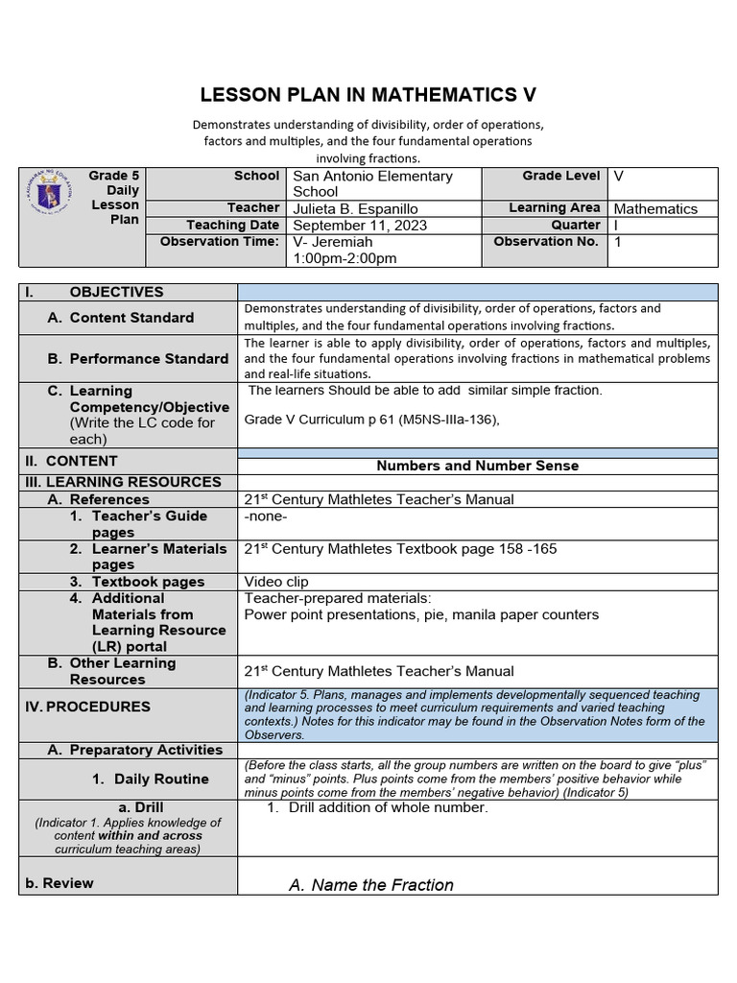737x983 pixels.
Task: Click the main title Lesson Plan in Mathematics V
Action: point(368,95)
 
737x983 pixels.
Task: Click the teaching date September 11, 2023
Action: point(360,226)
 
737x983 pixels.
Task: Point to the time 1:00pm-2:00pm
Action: point(345,258)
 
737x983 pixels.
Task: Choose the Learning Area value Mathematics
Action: point(655,208)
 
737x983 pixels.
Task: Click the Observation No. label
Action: point(546,242)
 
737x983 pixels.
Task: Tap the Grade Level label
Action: point(561,177)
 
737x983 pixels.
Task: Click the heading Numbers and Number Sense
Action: point(477,466)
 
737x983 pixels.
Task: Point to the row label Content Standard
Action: point(131,318)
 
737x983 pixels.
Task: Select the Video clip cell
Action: point(276,582)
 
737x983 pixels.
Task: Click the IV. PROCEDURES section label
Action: point(87,707)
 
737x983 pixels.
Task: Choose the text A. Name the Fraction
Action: point(371,885)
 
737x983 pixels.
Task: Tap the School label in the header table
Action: point(256,177)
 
